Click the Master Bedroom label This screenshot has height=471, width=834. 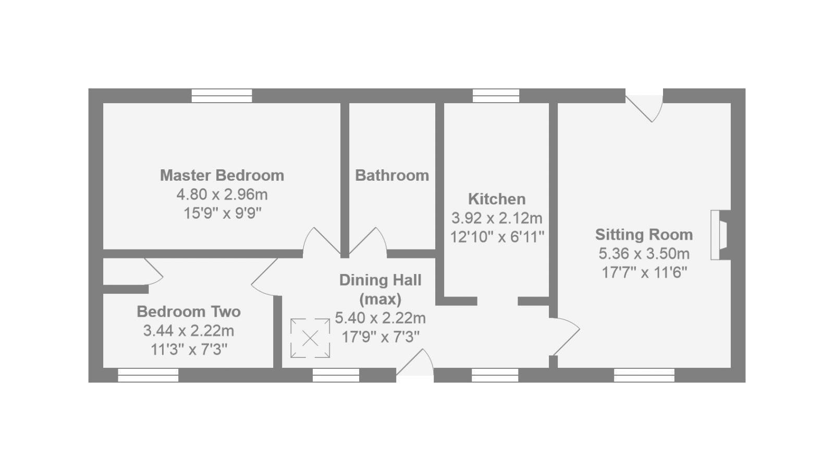click(x=222, y=175)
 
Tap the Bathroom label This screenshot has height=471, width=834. click(x=392, y=175)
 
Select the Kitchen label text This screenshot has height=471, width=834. click(x=497, y=199)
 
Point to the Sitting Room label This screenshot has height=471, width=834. click(x=644, y=234)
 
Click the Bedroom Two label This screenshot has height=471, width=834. click(x=189, y=312)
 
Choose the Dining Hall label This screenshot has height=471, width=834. click(x=380, y=280)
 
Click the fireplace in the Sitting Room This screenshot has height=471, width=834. click(x=720, y=235)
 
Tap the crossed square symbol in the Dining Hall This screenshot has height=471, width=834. click(x=310, y=339)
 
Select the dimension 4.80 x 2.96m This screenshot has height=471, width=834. click(x=222, y=194)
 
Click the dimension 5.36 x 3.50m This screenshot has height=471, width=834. click(x=644, y=254)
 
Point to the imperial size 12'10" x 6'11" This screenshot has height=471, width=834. click(x=497, y=237)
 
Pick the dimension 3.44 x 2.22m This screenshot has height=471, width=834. click(x=189, y=331)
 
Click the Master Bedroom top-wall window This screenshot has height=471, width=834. click(x=222, y=96)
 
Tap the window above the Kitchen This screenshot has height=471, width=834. click(x=496, y=96)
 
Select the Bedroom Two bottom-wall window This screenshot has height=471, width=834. click(x=148, y=375)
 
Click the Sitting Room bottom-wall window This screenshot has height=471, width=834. click(x=644, y=375)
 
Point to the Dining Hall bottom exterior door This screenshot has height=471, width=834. click(x=415, y=365)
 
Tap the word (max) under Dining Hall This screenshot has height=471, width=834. click(x=380, y=299)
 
